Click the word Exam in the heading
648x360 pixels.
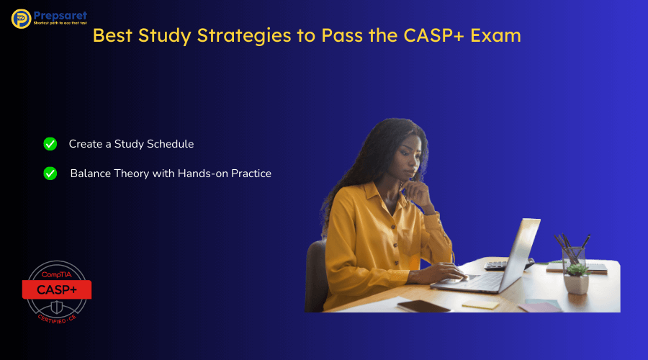click(x=497, y=35)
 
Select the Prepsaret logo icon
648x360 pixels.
click(x=21, y=19)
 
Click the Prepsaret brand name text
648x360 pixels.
click(x=60, y=14)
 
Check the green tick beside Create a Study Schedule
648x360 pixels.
click(x=50, y=144)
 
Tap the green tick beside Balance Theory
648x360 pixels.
click(x=50, y=174)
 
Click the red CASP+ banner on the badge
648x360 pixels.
click(x=56, y=289)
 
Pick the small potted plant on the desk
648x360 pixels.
click(x=576, y=276)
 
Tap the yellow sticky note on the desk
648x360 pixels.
click(x=480, y=303)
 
